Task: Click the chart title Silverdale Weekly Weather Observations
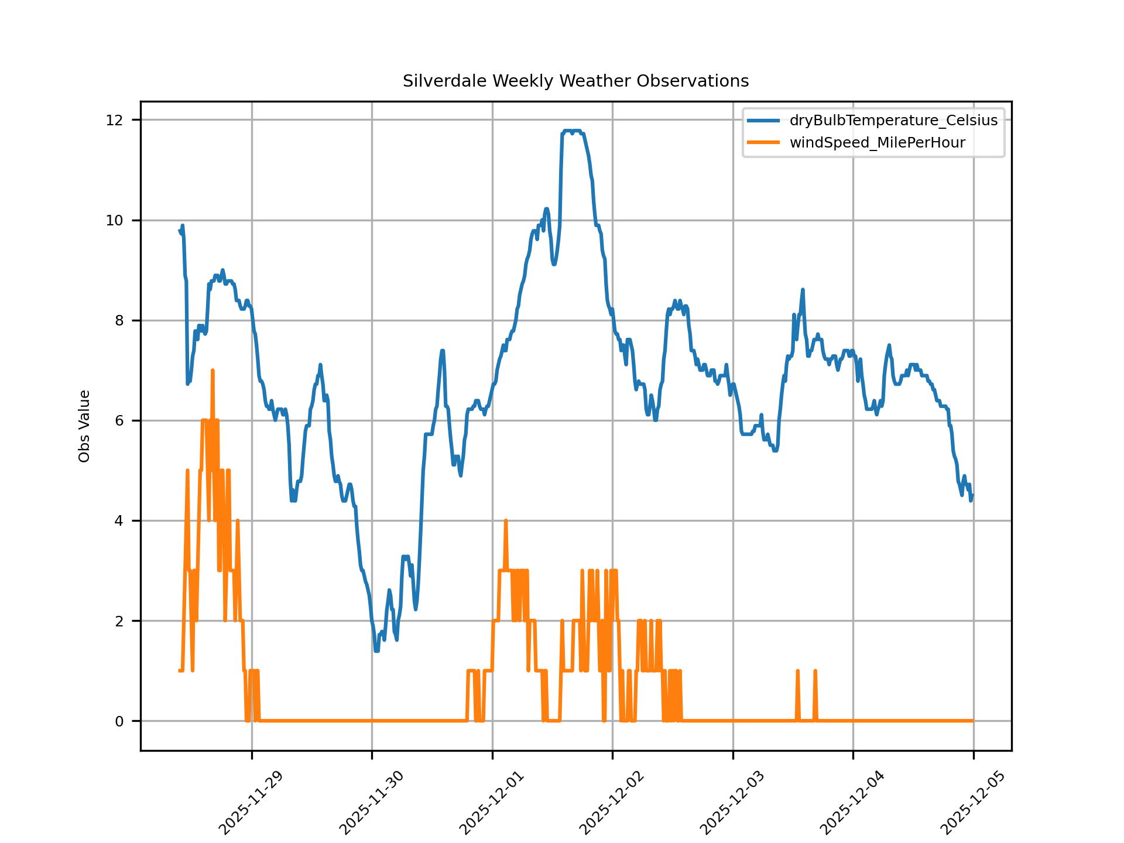click(575, 81)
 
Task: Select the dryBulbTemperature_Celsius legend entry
click(893, 121)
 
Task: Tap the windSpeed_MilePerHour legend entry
click(877, 143)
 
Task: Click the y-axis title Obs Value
click(84, 426)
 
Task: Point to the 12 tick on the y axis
click(114, 120)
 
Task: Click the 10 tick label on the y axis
click(114, 220)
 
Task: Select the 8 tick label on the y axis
click(119, 320)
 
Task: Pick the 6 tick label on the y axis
click(119, 420)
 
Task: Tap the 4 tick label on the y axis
click(119, 520)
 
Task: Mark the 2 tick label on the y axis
click(119, 621)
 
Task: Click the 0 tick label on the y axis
click(119, 721)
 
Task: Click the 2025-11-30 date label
click(371, 803)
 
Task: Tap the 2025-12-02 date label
click(612, 803)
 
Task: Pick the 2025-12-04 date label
click(852, 803)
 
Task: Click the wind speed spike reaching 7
click(213, 371)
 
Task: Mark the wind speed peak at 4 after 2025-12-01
click(505, 520)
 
